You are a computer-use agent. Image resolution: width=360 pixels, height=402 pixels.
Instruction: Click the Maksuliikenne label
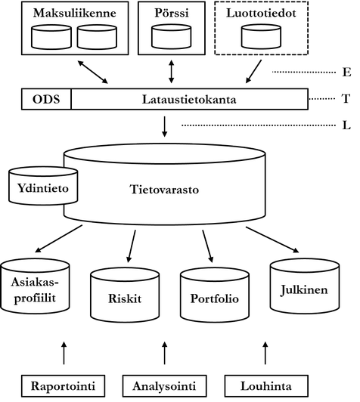click(x=68, y=12)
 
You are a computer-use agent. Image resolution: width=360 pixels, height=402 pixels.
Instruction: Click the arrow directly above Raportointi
click(x=63, y=352)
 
